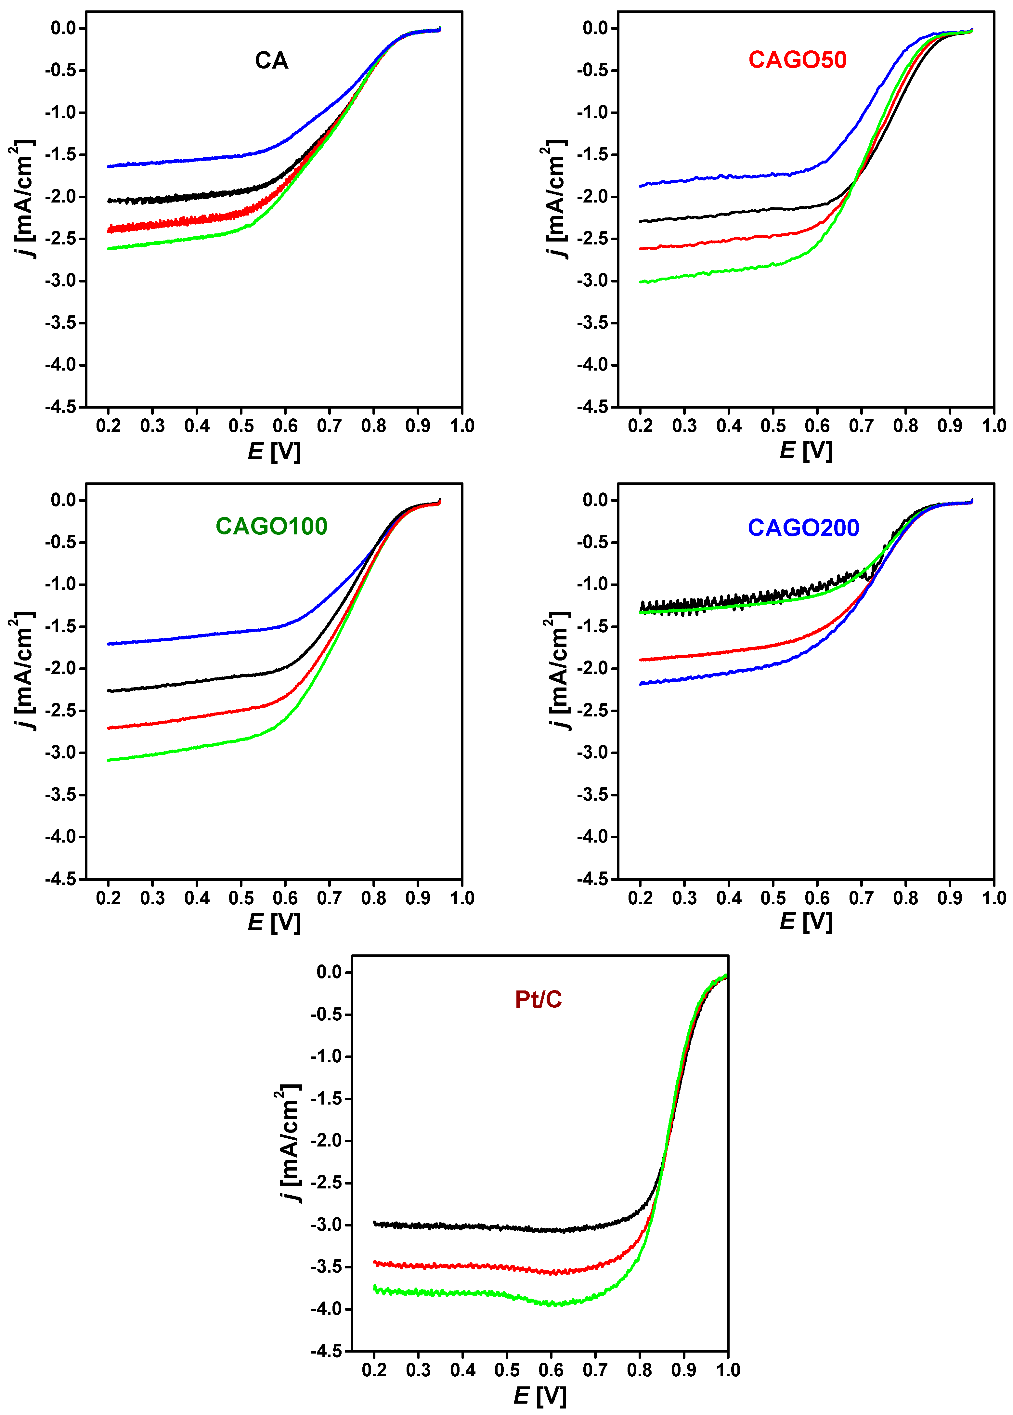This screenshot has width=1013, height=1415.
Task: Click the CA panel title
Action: click(x=271, y=60)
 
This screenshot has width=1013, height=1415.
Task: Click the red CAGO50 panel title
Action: click(x=797, y=60)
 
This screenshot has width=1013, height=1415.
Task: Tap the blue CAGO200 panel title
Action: click(x=803, y=528)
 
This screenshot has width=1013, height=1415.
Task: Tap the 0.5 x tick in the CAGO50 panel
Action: click(x=773, y=426)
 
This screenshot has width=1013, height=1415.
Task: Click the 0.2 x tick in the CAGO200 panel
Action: click(x=640, y=898)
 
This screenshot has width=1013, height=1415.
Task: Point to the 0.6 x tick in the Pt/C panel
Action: click(x=551, y=1370)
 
